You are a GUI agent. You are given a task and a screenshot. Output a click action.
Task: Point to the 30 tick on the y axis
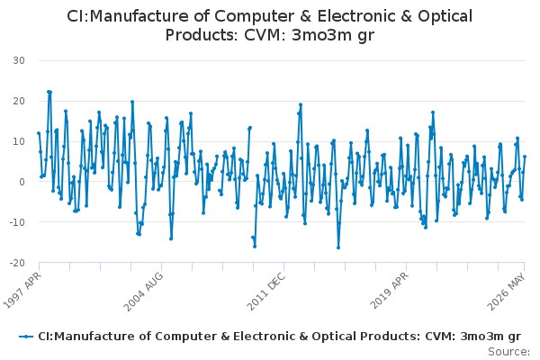tap(19, 60)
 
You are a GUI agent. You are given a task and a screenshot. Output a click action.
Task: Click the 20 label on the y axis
tap(19, 101)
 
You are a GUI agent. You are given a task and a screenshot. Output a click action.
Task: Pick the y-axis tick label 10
tap(19, 141)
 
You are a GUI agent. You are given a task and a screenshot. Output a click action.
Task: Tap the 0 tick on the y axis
tap(22, 182)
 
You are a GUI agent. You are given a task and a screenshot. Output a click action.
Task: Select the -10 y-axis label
tap(17, 222)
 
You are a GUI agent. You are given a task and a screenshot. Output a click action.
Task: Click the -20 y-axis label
tap(17, 263)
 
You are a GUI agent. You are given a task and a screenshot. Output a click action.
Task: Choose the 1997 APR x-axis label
tap(22, 291)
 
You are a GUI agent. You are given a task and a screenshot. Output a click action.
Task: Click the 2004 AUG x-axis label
tap(143, 292)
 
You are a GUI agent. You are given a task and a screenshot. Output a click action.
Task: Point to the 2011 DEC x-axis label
tap(266, 292)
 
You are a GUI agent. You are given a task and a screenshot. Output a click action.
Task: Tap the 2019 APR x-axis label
tap(389, 291)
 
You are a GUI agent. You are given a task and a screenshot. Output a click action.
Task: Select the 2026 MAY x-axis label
tap(506, 292)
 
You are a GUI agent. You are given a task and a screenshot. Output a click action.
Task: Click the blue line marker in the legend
tap(26, 337)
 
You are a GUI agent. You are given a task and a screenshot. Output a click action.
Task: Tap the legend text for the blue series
tap(279, 337)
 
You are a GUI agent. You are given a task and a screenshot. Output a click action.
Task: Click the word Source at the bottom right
tap(508, 352)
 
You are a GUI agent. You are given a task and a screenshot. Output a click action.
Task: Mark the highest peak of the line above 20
tap(49, 92)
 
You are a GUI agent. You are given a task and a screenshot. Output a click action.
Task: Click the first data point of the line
tap(39, 133)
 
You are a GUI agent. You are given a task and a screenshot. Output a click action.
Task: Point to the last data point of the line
tap(525, 157)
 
